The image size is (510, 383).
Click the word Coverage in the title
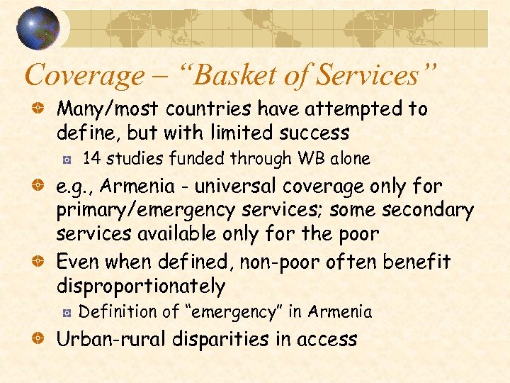point(83,75)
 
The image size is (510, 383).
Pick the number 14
point(91,158)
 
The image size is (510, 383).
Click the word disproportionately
point(140,287)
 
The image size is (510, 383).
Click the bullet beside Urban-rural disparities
point(42,339)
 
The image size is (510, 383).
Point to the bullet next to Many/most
point(42,109)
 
